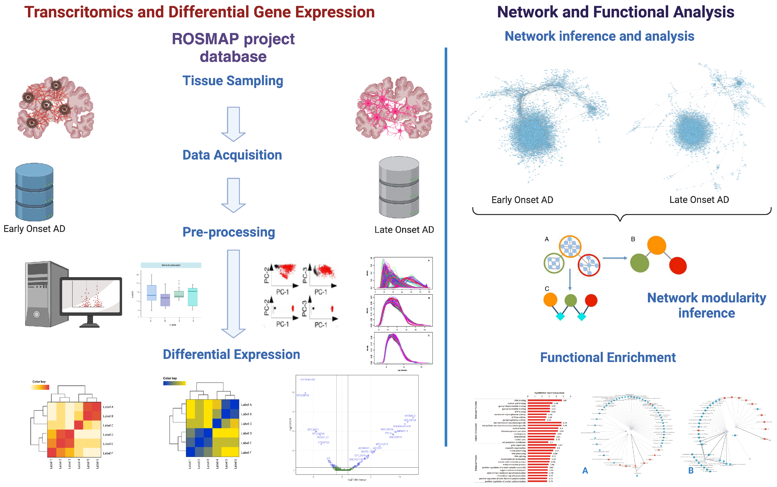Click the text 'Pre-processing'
pyautogui.click(x=229, y=232)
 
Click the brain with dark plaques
pyautogui.click(x=56, y=108)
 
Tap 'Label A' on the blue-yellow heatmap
pyautogui.click(x=246, y=404)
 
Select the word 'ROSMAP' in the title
pyautogui.click(x=205, y=39)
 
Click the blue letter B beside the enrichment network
pyautogui.click(x=691, y=470)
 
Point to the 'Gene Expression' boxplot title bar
pyautogui.click(x=171, y=265)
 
